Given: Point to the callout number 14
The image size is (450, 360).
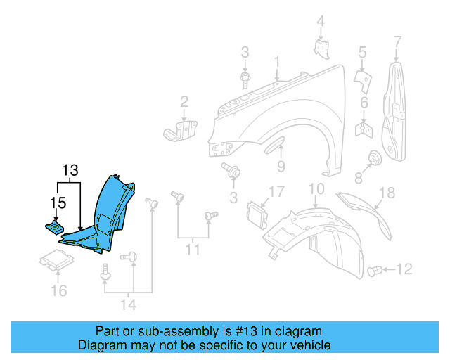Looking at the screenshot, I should tap(128, 304).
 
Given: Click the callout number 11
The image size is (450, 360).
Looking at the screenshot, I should tap(192, 249).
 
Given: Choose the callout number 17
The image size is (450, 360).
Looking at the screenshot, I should tap(276, 191).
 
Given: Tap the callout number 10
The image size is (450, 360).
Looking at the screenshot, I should tap(316, 188).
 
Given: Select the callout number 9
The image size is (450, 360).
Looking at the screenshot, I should tap(280, 167).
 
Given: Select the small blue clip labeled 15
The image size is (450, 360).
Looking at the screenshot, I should tap(53, 227).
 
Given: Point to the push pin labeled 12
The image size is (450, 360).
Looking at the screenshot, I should tap(377, 270).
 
